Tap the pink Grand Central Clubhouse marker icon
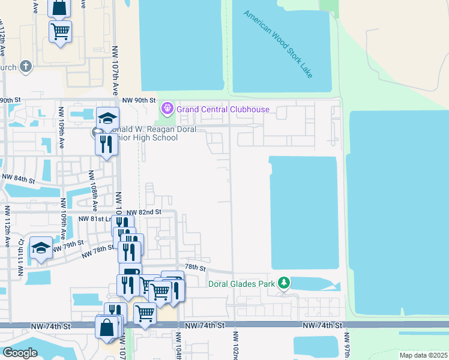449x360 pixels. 167,109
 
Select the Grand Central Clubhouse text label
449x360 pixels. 223,109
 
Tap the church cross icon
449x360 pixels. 25,67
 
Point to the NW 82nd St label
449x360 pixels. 143,212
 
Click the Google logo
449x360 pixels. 20,352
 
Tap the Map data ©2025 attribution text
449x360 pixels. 423,355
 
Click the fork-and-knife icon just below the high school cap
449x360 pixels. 106,143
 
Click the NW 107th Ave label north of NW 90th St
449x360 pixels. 115,72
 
